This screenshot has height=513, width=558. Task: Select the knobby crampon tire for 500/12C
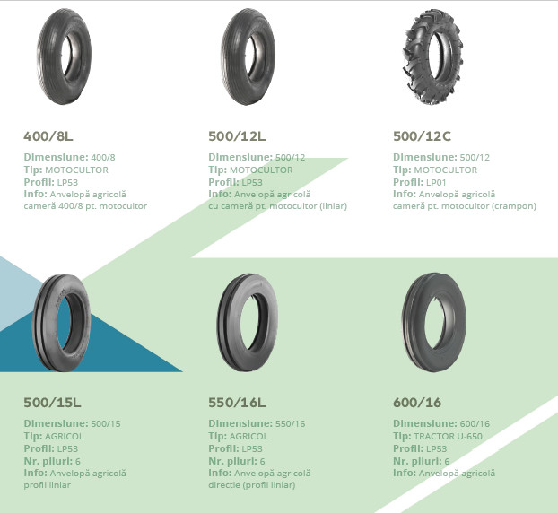click(432, 57)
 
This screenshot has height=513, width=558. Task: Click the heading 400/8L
click(48, 136)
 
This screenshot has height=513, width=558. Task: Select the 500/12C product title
click(422, 136)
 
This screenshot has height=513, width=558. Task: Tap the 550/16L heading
click(237, 403)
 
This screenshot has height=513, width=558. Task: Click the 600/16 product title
click(417, 403)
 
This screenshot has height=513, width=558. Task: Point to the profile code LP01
click(436, 182)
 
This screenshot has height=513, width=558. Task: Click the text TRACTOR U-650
click(448, 437)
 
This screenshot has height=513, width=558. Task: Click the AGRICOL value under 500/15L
click(64, 437)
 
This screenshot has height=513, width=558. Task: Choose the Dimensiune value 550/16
click(291, 423)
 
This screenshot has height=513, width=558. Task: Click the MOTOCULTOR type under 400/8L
click(76, 170)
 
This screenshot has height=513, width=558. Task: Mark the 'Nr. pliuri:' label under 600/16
click(417, 461)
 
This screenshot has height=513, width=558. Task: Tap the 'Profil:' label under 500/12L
click(224, 182)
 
